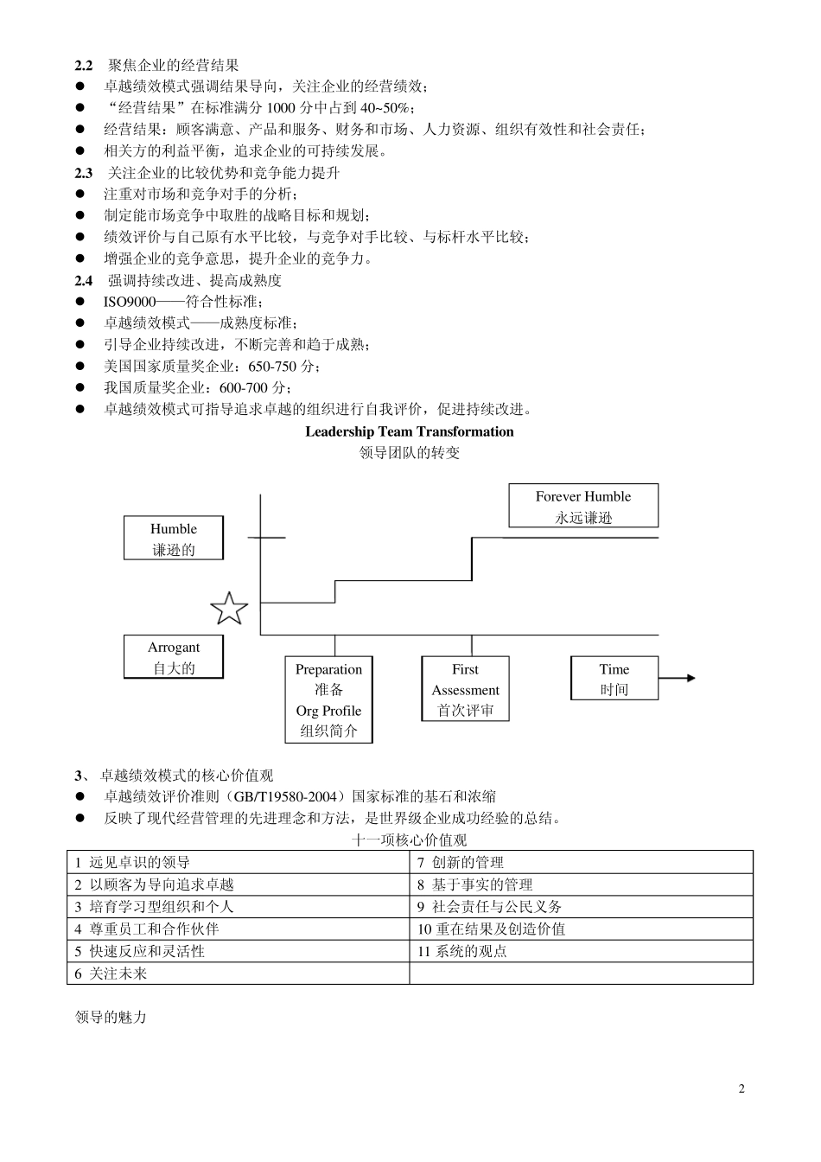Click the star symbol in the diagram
tap(229, 610)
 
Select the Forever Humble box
tap(583, 507)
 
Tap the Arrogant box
tap(174, 657)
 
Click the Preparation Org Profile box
tap(328, 699)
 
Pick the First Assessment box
tap(465, 689)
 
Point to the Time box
tap(614, 679)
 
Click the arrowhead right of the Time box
tap(690, 678)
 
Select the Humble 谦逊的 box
tap(174, 539)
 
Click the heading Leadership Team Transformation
tap(410, 431)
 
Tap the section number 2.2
tap(84, 65)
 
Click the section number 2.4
tap(84, 280)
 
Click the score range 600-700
tap(245, 388)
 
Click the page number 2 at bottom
tap(741, 1089)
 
